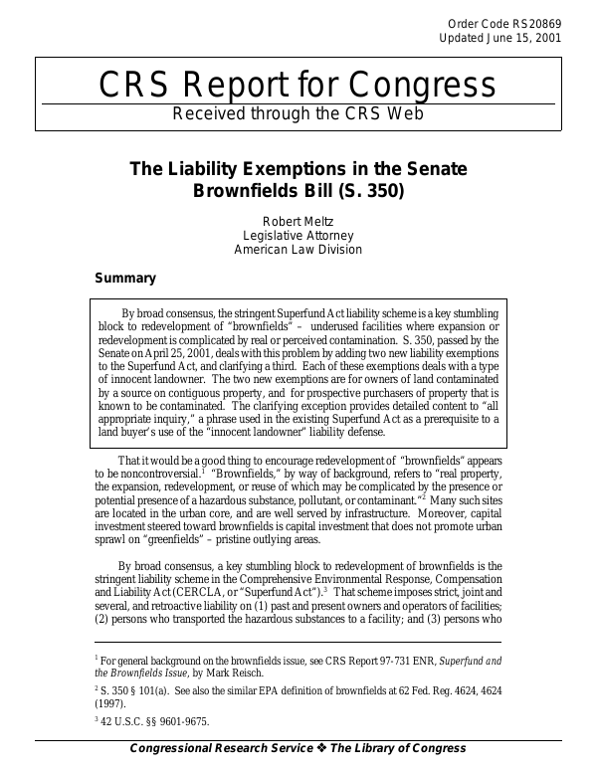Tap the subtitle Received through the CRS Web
tap(298, 113)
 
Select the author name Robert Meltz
tap(298, 221)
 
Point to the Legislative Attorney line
tap(298, 236)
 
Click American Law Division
tap(298, 250)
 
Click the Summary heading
tap(124, 279)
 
